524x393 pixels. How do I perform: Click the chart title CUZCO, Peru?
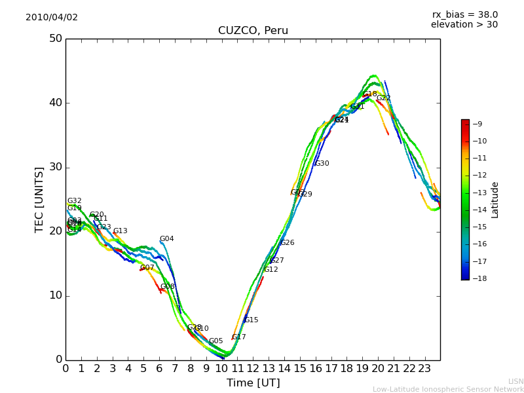click(x=253, y=31)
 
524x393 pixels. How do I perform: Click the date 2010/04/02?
click(x=52, y=18)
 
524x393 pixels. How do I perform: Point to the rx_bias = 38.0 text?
click(x=464, y=14)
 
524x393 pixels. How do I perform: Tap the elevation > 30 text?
click(x=464, y=25)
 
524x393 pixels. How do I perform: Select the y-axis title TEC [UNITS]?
click(x=39, y=199)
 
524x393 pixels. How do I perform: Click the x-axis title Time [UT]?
click(x=253, y=383)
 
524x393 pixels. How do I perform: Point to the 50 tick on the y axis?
click(x=55, y=39)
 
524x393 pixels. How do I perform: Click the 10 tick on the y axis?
click(x=55, y=295)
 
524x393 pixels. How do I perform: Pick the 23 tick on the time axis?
click(x=424, y=369)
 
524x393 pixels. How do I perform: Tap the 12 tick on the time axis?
click(x=253, y=369)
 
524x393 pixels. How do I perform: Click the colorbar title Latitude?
click(x=495, y=200)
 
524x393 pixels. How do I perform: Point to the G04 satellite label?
click(x=167, y=239)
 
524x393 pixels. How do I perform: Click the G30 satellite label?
click(x=322, y=164)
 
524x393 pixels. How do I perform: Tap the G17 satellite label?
click(x=239, y=337)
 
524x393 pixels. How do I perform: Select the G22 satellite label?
click(x=383, y=98)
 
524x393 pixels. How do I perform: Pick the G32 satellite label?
click(x=74, y=201)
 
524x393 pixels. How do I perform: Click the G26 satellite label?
click(x=287, y=243)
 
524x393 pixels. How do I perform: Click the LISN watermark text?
click(x=515, y=381)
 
